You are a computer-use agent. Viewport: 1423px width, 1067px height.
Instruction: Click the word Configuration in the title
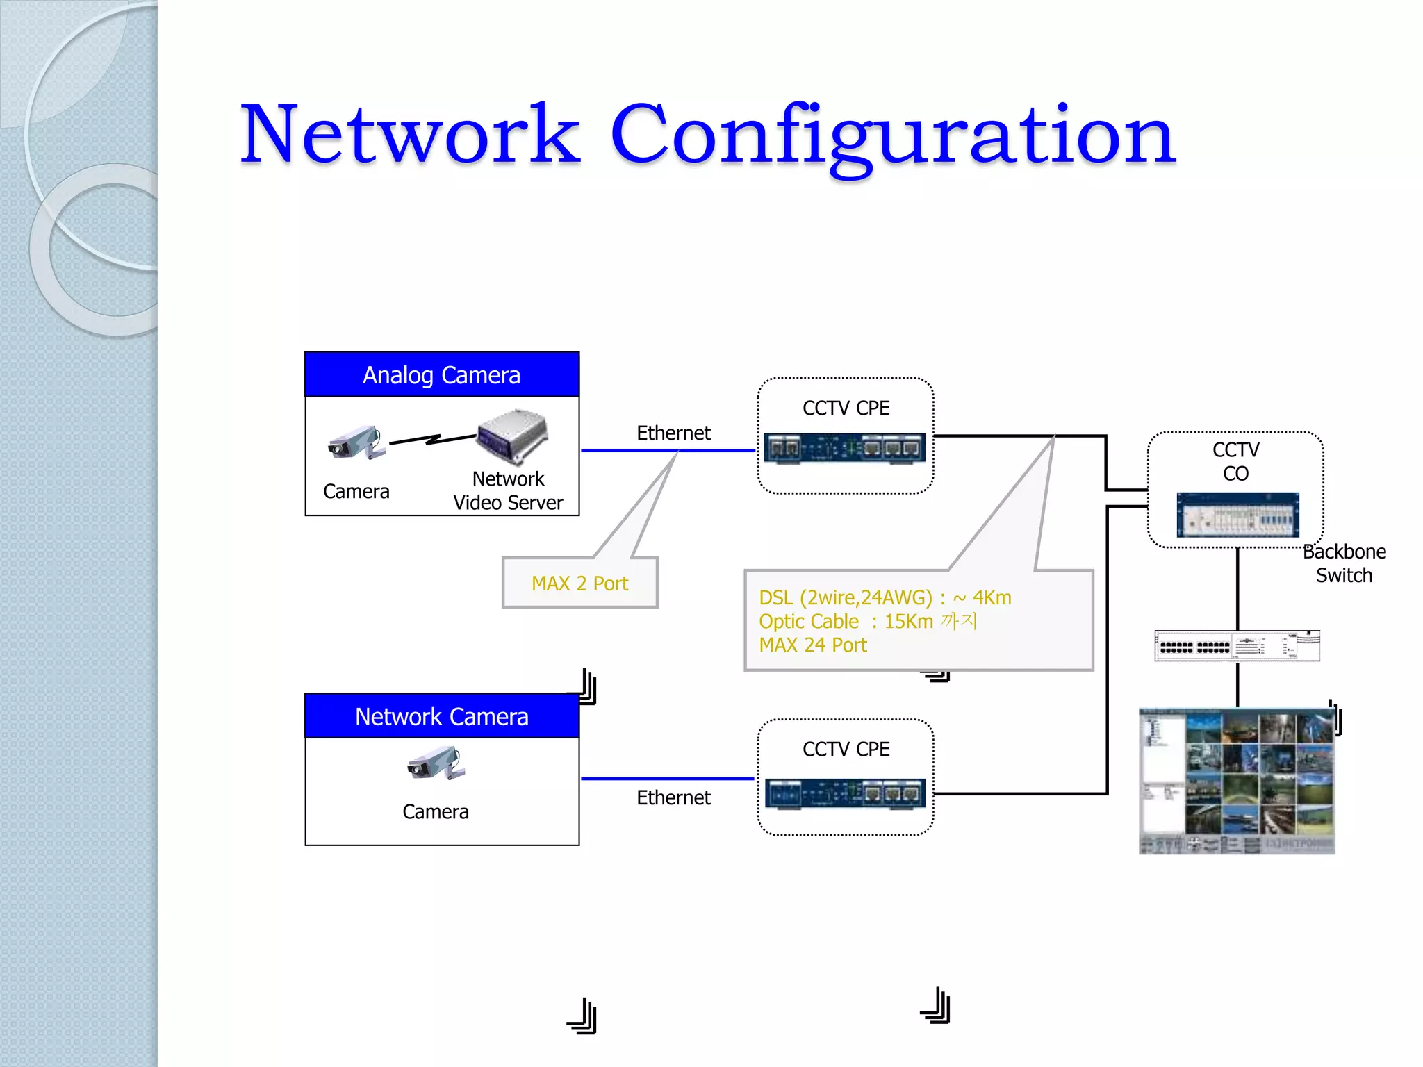(x=892, y=135)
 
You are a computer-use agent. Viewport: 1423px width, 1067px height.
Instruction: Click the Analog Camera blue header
(x=442, y=375)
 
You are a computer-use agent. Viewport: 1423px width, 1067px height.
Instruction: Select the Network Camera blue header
(x=442, y=716)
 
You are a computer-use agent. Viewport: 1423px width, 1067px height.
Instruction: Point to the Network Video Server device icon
(x=513, y=436)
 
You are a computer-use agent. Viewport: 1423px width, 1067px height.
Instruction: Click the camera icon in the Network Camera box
(x=436, y=763)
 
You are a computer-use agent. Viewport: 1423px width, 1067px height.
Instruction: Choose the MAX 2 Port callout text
(x=579, y=584)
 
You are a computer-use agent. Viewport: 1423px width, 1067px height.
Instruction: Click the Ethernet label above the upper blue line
(x=673, y=433)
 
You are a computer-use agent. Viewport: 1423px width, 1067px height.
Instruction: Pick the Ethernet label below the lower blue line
(x=673, y=797)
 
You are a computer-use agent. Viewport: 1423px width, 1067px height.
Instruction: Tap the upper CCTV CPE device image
(x=845, y=448)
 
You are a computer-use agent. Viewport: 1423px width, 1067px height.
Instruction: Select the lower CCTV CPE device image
(x=845, y=793)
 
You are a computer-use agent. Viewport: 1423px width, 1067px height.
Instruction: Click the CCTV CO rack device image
(x=1237, y=515)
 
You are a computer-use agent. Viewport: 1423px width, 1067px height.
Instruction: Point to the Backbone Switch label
(x=1344, y=563)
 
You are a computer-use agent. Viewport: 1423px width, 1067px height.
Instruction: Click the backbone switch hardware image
(x=1237, y=646)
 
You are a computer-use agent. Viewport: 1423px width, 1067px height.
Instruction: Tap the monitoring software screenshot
(x=1237, y=781)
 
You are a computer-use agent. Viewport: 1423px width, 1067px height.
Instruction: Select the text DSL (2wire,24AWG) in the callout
(x=845, y=598)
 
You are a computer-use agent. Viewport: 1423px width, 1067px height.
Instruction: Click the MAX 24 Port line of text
(x=813, y=645)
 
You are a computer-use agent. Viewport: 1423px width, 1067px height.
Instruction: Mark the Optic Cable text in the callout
(x=809, y=622)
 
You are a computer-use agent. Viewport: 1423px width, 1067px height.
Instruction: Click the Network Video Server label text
(x=508, y=491)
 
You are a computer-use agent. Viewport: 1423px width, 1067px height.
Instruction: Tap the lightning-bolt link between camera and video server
(x=432, y=440)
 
